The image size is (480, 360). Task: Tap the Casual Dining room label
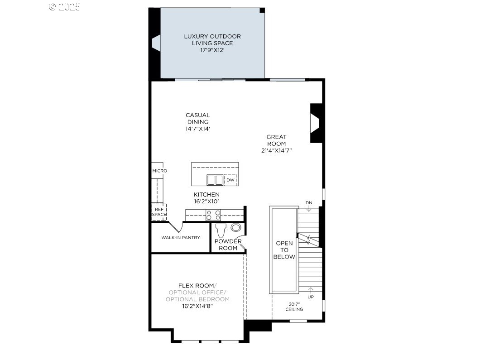pos(198,119)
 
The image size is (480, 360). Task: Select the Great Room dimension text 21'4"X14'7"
pos(276,151)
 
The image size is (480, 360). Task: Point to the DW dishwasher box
pos(230,180)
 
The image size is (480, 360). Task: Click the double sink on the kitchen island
pos(215,180)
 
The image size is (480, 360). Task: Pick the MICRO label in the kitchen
pos(160,171)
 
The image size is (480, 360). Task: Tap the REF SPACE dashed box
pos(159,212)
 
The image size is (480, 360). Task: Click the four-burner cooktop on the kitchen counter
pos(213,215)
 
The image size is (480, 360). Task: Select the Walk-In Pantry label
pos(181,238)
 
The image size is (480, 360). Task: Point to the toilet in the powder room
pos(221,230)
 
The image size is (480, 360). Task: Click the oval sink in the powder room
pos(236,228)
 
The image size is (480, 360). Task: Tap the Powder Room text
pos(228,245)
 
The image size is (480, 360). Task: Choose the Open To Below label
pos(284,250)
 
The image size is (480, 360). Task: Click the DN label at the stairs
pos(309,203)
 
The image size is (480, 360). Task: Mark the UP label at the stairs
pos(311,297)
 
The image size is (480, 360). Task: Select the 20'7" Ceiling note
pos(294,307)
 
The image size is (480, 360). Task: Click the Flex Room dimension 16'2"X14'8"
pos(197,306)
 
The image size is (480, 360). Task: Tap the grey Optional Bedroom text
pos(197,299)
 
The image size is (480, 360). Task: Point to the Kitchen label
pos(206,194)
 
